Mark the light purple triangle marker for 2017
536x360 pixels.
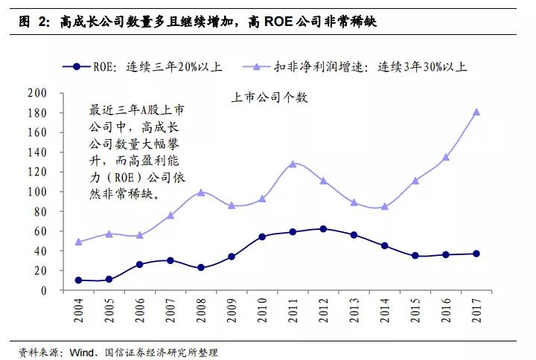click(476, 112)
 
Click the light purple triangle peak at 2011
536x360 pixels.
click(293, 164)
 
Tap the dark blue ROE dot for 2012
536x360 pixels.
click(323, 229)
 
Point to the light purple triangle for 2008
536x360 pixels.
click(201, 193)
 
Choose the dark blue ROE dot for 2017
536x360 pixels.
click(476, 254)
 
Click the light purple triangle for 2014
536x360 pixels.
click(385, 207)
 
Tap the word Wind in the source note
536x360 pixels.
click(81, 351)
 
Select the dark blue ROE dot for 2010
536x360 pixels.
click(262, 237)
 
